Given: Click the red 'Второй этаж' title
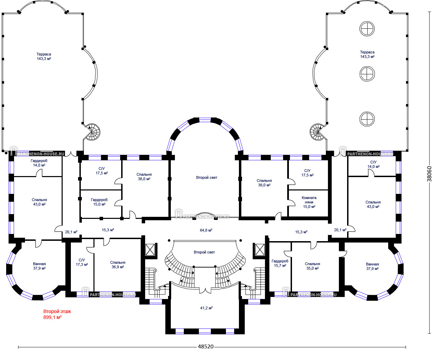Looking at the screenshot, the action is click(57, 311).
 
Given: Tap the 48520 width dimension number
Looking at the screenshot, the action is click(206, 347).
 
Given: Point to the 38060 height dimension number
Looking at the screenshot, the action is click(429, 174).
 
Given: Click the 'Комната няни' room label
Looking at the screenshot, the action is click(309, 200).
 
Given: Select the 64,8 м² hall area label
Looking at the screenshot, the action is click(206, 230).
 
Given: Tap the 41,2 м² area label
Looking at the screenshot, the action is click(206, 308).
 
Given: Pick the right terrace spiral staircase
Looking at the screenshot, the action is click(318, 132).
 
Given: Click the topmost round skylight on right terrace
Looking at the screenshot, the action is click(367, 29).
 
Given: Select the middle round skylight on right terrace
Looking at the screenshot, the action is click(367, 74).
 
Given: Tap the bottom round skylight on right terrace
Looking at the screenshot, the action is click(367, 119).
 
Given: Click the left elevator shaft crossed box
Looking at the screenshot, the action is click(150, 250).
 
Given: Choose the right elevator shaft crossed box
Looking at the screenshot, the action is click(260, 250).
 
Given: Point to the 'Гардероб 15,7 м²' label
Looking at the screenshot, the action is click(280, 263).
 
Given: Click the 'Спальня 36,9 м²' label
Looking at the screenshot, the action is click(118, 264).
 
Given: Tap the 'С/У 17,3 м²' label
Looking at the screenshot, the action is click(82, 262).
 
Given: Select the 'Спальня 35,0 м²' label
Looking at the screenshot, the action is click(313, 266).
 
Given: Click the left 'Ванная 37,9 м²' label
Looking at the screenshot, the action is click(39, 266).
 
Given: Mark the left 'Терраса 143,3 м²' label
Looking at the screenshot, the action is click(44, 57).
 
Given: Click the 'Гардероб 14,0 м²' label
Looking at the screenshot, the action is click(39, 163).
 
